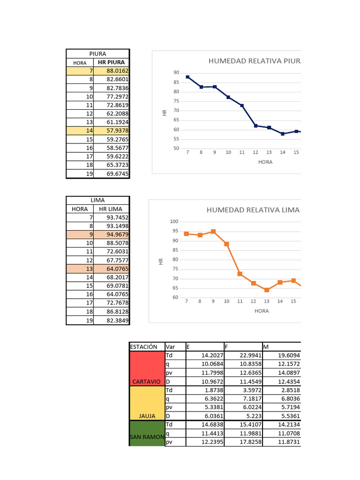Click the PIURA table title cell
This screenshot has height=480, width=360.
97,53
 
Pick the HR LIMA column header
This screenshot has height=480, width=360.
111,209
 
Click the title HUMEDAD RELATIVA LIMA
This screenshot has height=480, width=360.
253,210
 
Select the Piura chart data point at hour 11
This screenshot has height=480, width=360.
242,105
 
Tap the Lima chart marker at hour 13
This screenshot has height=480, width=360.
267,290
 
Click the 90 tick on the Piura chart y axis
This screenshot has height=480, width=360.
176,73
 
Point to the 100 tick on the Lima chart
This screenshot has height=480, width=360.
174,222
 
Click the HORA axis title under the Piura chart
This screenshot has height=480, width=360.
265,162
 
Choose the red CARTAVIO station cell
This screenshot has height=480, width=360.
146,368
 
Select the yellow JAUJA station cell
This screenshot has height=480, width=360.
146,403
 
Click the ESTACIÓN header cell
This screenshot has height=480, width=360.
146,347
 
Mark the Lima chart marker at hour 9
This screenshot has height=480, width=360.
213,232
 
